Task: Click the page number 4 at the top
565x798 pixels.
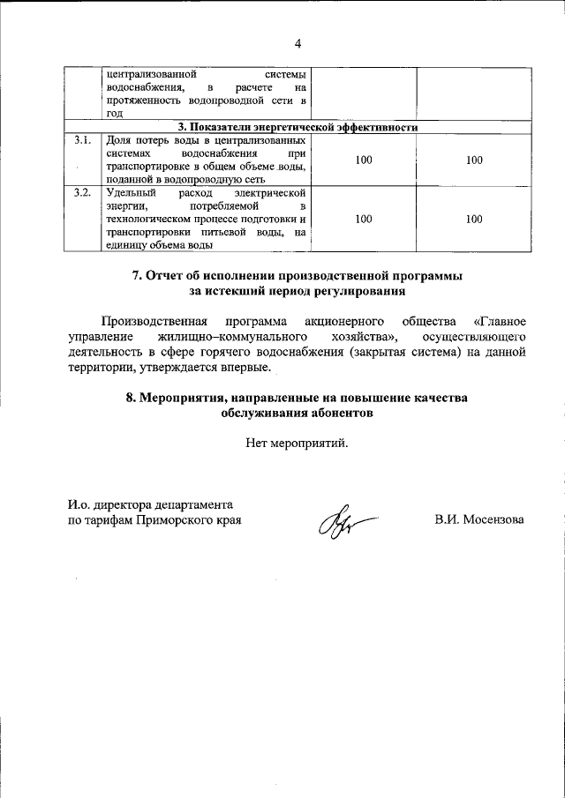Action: [298, 43]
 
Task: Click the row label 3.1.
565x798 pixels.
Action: [83, 140]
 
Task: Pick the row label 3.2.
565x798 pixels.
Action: [83, 191]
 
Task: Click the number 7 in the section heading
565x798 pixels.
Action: [137, 275]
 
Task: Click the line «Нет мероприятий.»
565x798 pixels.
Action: [298, 443]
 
